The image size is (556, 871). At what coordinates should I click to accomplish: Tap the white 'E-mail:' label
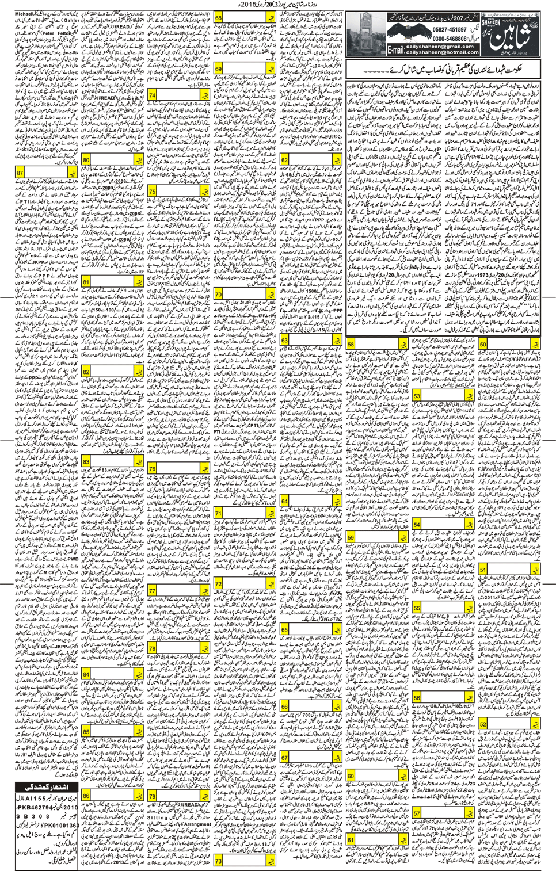tap(396, 50)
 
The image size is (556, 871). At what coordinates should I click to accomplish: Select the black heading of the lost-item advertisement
tap(46, 787)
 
